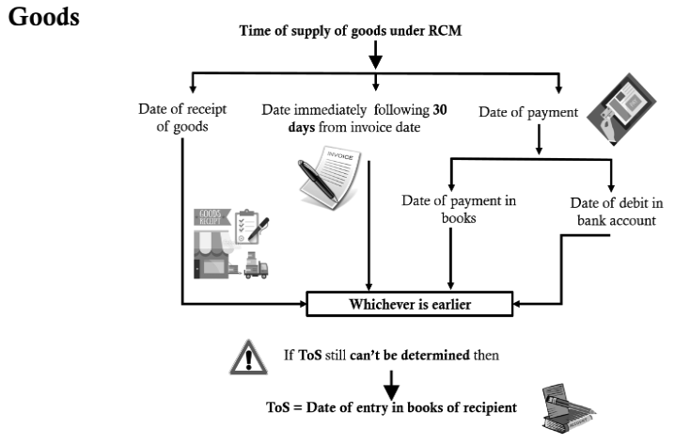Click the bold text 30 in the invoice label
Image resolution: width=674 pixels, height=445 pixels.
[x=439, y=110]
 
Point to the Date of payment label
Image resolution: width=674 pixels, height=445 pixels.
[x=528, y=112]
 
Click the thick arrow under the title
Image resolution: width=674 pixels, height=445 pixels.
[x=375, y=60]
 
